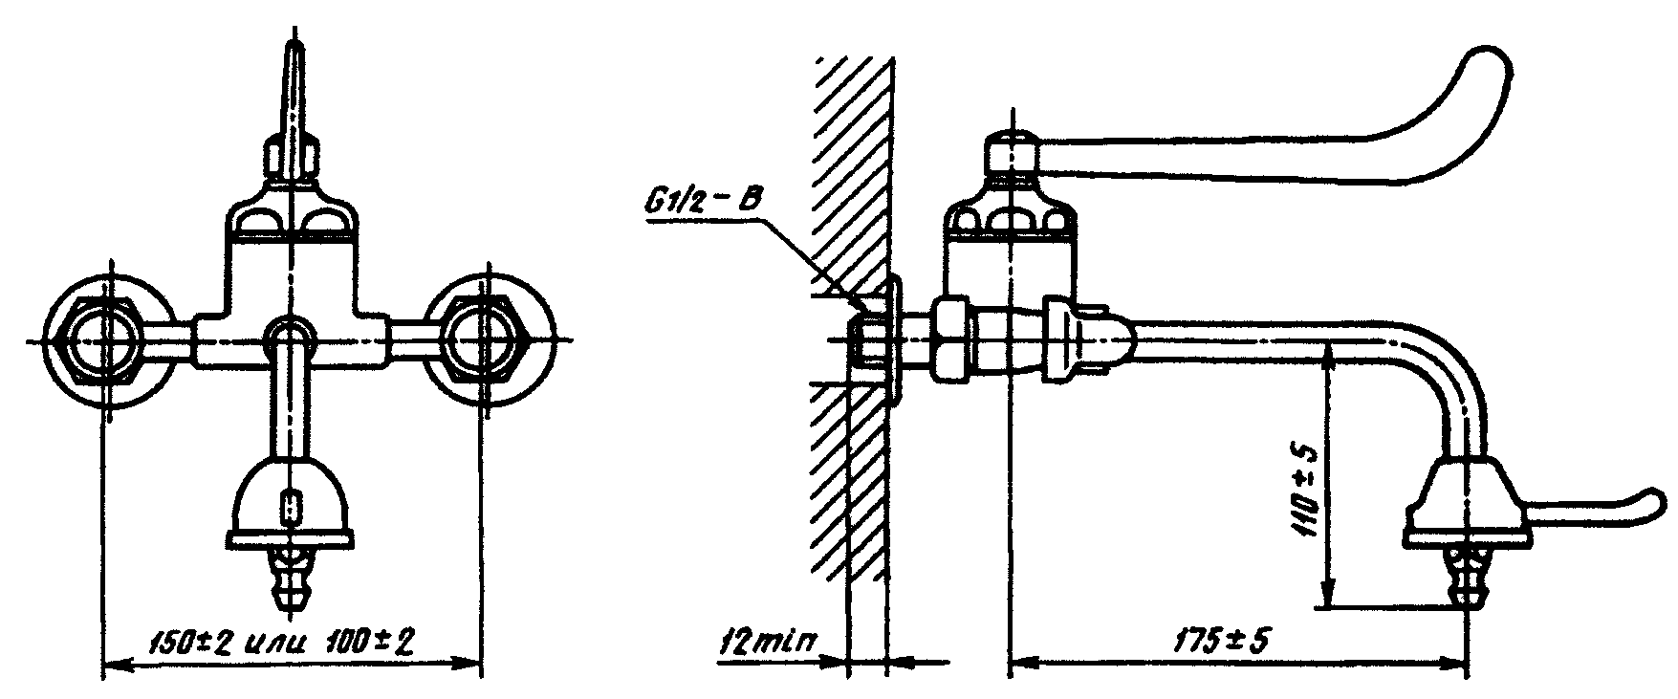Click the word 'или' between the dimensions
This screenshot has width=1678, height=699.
tap(280, 643)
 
